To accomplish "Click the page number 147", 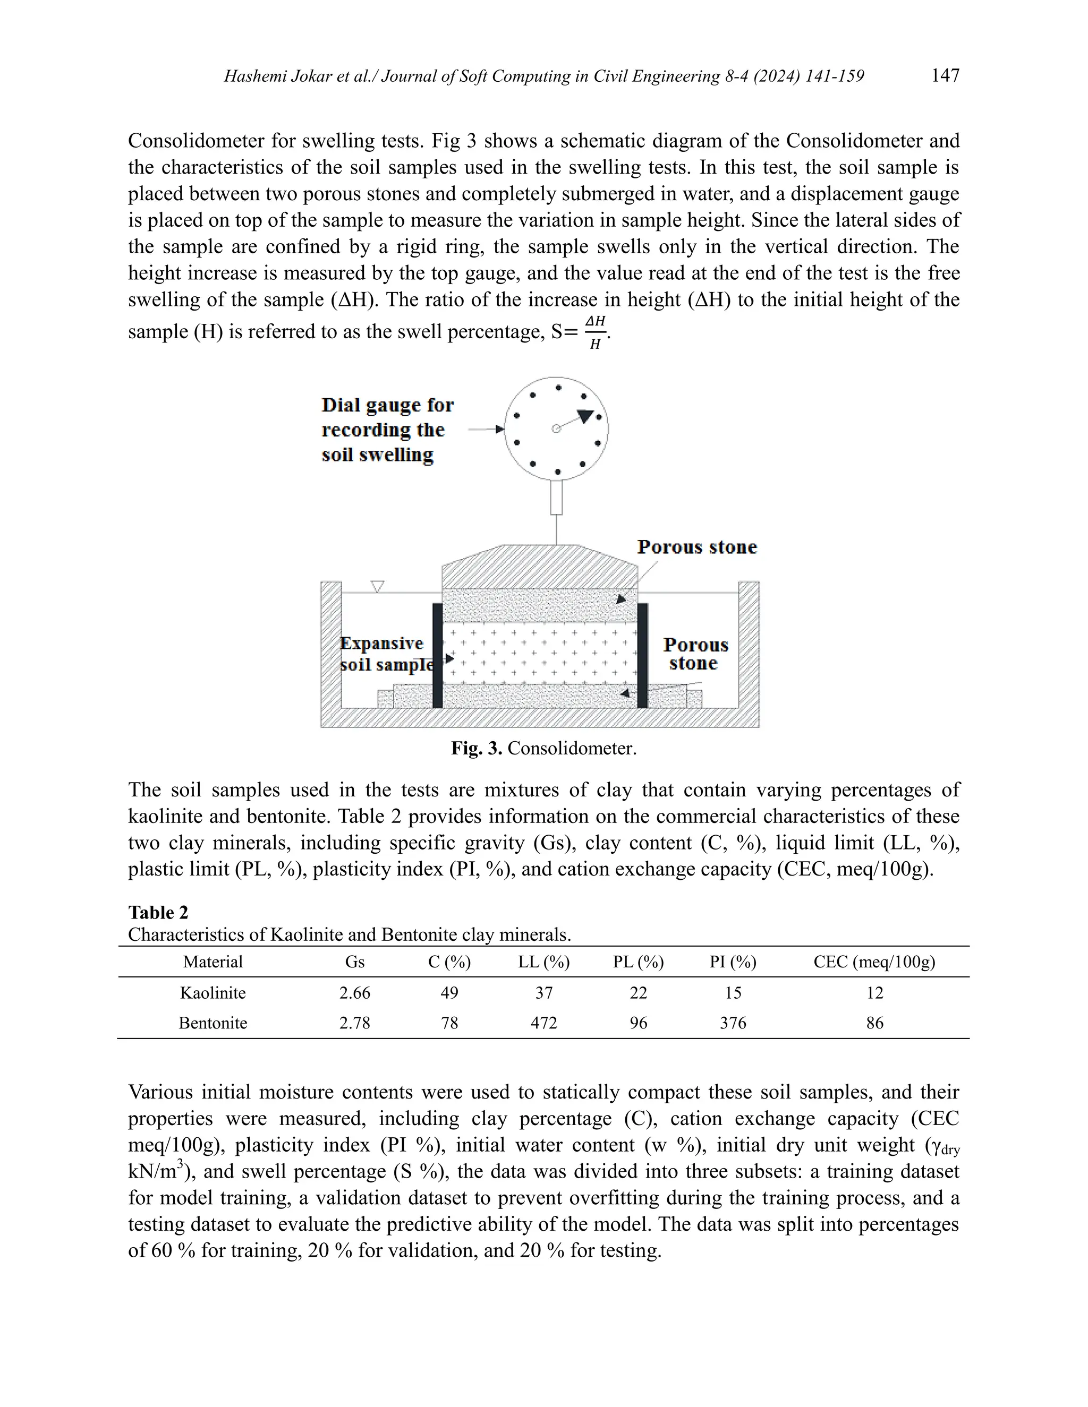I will pyautogui.click(x=945, y=76).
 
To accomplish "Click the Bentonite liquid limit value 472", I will pyautogui.click(x=543, y=1023).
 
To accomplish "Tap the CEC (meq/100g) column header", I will pyautogui.click(x=874, y=962).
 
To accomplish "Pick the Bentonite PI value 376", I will pyautogui.click(x=733, y=1023).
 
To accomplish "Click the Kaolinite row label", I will pyautogui.click(x=212, y=992).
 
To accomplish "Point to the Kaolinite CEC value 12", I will pyautogui.click(x=874, y=992).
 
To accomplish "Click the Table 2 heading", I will pyautogui.click(x=158, y=912).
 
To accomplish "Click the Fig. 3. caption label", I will pyautogui.click(x=477, y=748).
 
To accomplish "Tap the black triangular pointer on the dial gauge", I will pyautogui.click(x=584, y=416).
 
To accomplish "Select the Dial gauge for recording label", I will pyautogui.click(x=387, y=430).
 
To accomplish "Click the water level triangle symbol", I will pyautogui.click(x=378, y=586).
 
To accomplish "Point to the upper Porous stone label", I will pyautogui.click(x=697, y=547).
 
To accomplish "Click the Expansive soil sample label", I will pyautogui.click(x=386, y=654).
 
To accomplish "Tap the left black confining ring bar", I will pyautogui.click(x=438, y=655).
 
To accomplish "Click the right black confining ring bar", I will pyautogui.click(x=642, y=655).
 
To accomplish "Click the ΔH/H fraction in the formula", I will pyautogui.click(x=596, y=332).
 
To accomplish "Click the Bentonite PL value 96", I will pyautogui.click(x=638, y=1023).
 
